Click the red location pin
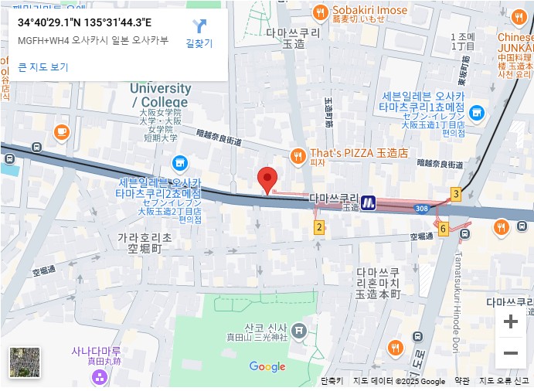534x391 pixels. click(x=267, y=179)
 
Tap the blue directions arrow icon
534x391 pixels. click(x=199, y=26)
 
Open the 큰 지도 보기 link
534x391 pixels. click(x=43, y=67)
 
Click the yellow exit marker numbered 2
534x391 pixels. click(x=318, y=227)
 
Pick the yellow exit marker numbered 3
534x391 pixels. click(x=456, y=194)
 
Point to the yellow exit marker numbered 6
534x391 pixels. click(x=443, y=229)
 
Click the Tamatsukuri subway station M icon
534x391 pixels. click(x=369, y=202)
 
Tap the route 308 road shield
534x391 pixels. click(x=420, y=209)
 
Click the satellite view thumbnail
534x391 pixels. click(x=25, y=363)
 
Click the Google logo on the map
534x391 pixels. click(x=267, y=367)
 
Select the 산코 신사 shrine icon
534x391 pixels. click(x=300, y=331)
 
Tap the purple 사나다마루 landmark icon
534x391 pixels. click(x=99, y=377)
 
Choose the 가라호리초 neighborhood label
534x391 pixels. click(x=145, y=243)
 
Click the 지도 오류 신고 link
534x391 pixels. click(x=504, y=381)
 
